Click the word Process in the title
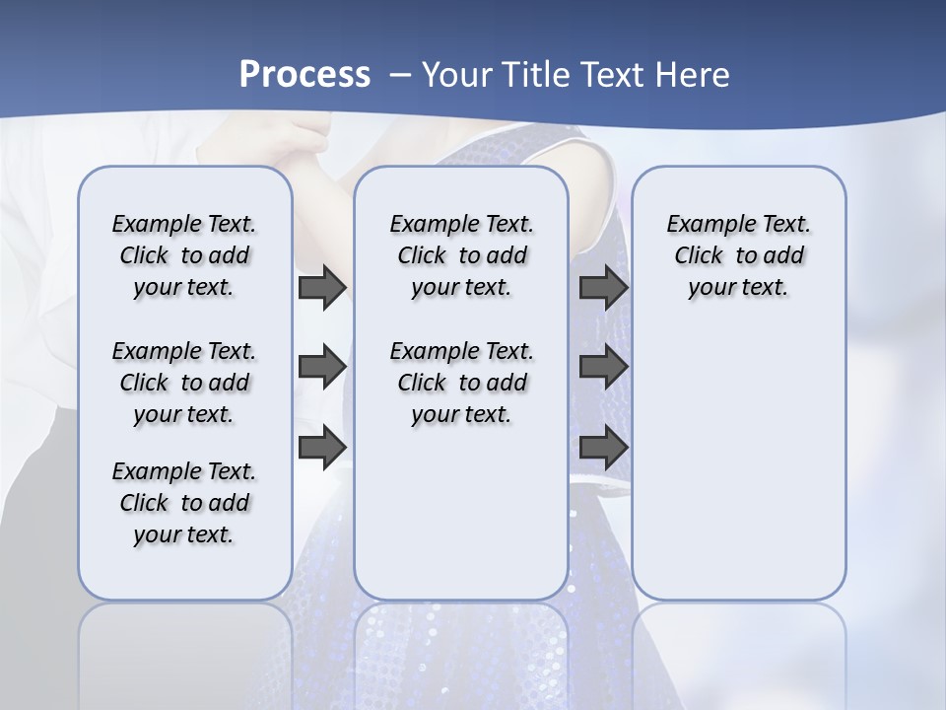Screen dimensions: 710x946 point(304,75)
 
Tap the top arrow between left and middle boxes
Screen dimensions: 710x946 point(322,288)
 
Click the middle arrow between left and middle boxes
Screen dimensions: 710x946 point(322,368)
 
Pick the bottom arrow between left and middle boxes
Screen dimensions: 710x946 point(322,448)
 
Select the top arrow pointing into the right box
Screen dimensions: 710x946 point(603,288)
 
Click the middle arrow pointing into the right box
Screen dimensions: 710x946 point(603,368)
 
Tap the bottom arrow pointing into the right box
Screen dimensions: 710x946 point(603,448)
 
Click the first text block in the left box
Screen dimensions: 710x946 point(184,255)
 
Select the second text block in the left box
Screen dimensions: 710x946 point(184,383)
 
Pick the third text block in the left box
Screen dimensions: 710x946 point(184,503)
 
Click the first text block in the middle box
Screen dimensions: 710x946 point(461,255)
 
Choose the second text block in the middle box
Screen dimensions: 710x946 point(461,383)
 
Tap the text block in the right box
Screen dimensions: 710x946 point(739,255)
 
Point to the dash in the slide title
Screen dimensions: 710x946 point(400,75)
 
